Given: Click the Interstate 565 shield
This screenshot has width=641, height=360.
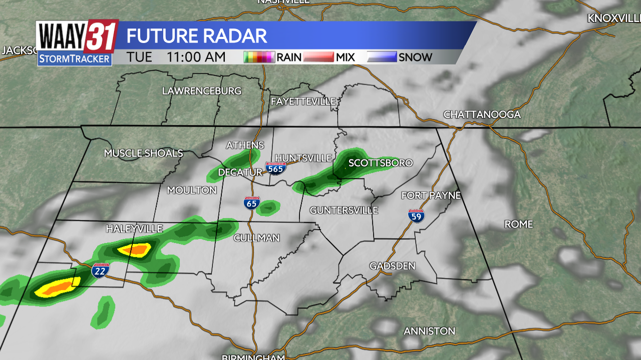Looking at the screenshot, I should click(x=276, y=168).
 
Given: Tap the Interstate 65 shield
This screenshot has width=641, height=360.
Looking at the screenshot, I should click(x=252, y=203).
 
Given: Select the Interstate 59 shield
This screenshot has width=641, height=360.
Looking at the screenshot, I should click(x=416, y=215).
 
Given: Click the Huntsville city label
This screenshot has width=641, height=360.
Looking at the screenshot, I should click(x=303, y=158).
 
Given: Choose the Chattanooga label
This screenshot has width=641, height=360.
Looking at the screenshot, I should click(x=482, y=114).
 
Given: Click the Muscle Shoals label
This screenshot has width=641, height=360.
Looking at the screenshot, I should click(x=143, y=153).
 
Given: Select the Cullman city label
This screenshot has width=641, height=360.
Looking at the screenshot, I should click(x=256, y=238).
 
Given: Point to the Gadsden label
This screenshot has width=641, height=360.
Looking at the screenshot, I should click(x=393, y=266).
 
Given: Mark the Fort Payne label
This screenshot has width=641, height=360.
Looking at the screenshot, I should click(x=431, y=195).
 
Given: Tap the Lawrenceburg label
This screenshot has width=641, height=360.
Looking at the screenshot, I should click(x=201, y=91).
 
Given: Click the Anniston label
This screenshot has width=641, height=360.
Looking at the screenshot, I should click(x=430, y=331).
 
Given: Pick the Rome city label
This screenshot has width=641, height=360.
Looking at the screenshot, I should click(x=519, y=224).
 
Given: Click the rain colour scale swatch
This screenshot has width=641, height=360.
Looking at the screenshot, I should click(x=259, y=57).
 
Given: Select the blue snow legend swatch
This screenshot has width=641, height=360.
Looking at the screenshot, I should click(x=382, y=57).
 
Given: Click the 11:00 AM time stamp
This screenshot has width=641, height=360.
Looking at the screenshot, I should click(x=196, y=57).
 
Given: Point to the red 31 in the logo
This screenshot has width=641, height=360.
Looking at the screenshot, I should click(x=101, y=36).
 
